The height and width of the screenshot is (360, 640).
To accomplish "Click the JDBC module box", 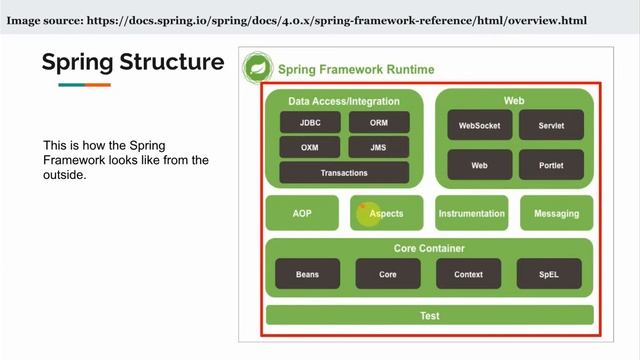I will (309, 123).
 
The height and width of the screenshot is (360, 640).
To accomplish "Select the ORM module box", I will (379, 123).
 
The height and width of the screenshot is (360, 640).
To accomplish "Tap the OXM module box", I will (309, 147).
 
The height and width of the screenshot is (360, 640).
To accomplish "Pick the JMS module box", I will (379, 147).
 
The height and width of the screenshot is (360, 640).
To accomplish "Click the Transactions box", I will (344, 173).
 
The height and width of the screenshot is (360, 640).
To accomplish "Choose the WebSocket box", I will (479, 126).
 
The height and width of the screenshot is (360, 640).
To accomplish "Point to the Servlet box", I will (551, 126).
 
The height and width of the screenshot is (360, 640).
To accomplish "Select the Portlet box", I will (551, 165).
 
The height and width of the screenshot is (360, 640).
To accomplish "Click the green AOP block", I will (302, 213).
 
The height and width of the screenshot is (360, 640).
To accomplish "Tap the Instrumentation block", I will (472, 213).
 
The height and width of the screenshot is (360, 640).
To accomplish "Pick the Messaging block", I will (556, 213).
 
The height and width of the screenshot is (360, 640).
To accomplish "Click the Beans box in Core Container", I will (307, 274).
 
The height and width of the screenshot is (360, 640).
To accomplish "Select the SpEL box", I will (549, 274).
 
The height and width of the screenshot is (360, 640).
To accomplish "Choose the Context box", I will (468, 274).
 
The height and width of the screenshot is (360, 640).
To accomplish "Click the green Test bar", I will (429, 316).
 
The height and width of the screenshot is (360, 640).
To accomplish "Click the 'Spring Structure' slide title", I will (133, 62).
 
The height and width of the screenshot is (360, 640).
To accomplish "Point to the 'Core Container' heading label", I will (429, 248).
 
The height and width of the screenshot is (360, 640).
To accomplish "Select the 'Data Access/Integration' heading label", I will (344, 101).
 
